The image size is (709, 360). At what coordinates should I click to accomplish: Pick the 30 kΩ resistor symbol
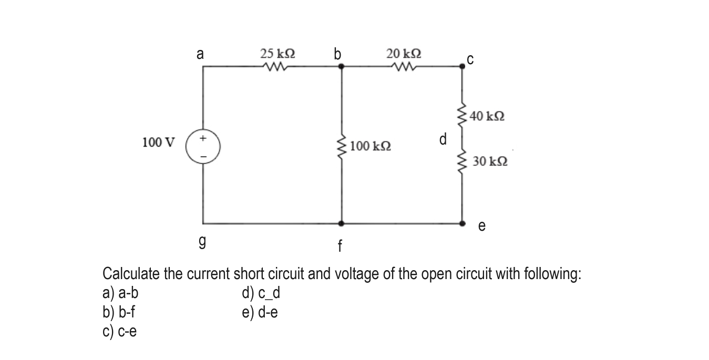pyautogui.click(x=463, y=161)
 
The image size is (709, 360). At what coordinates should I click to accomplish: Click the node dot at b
pyautogui.click(x=342, y=67)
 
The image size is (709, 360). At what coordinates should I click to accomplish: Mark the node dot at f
pyautogui.click(x=342, y=223)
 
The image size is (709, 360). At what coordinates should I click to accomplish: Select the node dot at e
pyautogui.click(x=463, y=223)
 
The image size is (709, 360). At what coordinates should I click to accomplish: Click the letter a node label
pyautogui.click(x=200, y=54)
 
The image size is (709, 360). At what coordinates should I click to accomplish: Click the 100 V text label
pyautogui.click(x=159, y=142)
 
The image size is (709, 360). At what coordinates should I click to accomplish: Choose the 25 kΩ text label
pyautogui.click(x=278, y=54)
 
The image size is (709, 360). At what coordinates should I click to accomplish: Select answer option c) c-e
pyautogui.click(x=119, y=331)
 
